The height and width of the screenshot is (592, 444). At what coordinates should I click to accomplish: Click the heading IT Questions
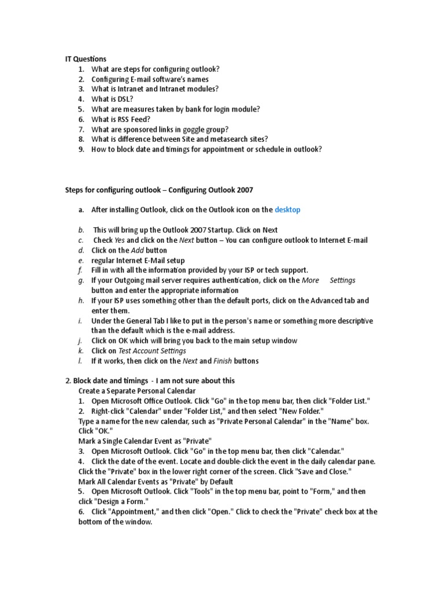(85, 58)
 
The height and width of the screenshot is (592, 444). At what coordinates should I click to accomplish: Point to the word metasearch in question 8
(227, 139)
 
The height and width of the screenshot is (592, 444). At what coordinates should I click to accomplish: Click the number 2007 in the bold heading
(242, 190)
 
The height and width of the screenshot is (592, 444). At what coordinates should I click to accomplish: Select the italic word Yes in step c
(119, 240)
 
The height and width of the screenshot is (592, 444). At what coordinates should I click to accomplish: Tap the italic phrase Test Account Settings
(152, 351)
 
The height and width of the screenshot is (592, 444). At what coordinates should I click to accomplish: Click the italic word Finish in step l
(223, 361)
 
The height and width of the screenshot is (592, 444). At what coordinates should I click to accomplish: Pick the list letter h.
(81, 301)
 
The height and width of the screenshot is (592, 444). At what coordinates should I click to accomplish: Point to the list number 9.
(81, 149)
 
